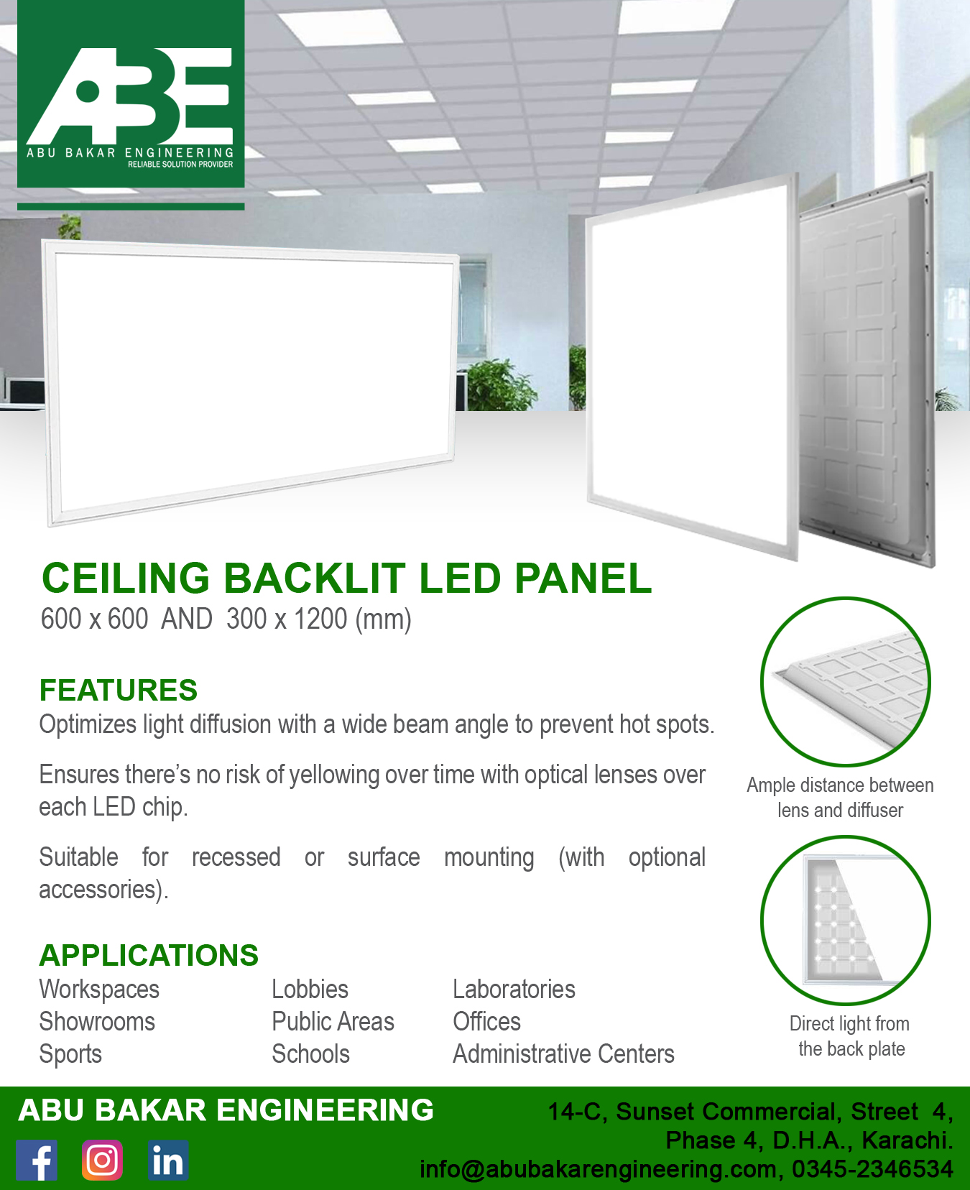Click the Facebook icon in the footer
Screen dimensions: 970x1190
[x=37, y=1160]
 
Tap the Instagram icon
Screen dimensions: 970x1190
[x=102, y=1160]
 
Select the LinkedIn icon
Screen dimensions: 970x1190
[x=168, y=1160]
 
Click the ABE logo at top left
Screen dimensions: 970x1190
[x=131, y=94]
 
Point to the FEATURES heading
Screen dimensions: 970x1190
[x=119, y=690]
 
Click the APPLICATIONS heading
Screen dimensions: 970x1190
[x=149, y=955]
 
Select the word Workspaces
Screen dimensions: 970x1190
[x=99, y=990]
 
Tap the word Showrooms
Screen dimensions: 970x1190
[x=97, y=1022]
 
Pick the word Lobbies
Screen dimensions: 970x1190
[x=310, y=990]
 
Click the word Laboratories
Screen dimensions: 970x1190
[x=514, y=990]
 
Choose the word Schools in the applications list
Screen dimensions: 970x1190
[x=310, y=1054]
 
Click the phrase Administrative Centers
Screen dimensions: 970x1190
[x=563, y=1054]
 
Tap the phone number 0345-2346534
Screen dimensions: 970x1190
[x=872, y=1169]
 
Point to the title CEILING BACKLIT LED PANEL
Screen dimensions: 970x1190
[x=346, y=578]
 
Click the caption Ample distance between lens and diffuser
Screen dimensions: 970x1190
[x=840, y=798]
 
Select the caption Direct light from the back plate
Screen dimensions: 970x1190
[x=850, y=1036]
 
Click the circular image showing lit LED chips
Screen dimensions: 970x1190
[x=846, y=921]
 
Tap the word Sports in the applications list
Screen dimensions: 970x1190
[x=70, y=1055]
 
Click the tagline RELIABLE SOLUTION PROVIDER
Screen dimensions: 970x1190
[x=180, y=165]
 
